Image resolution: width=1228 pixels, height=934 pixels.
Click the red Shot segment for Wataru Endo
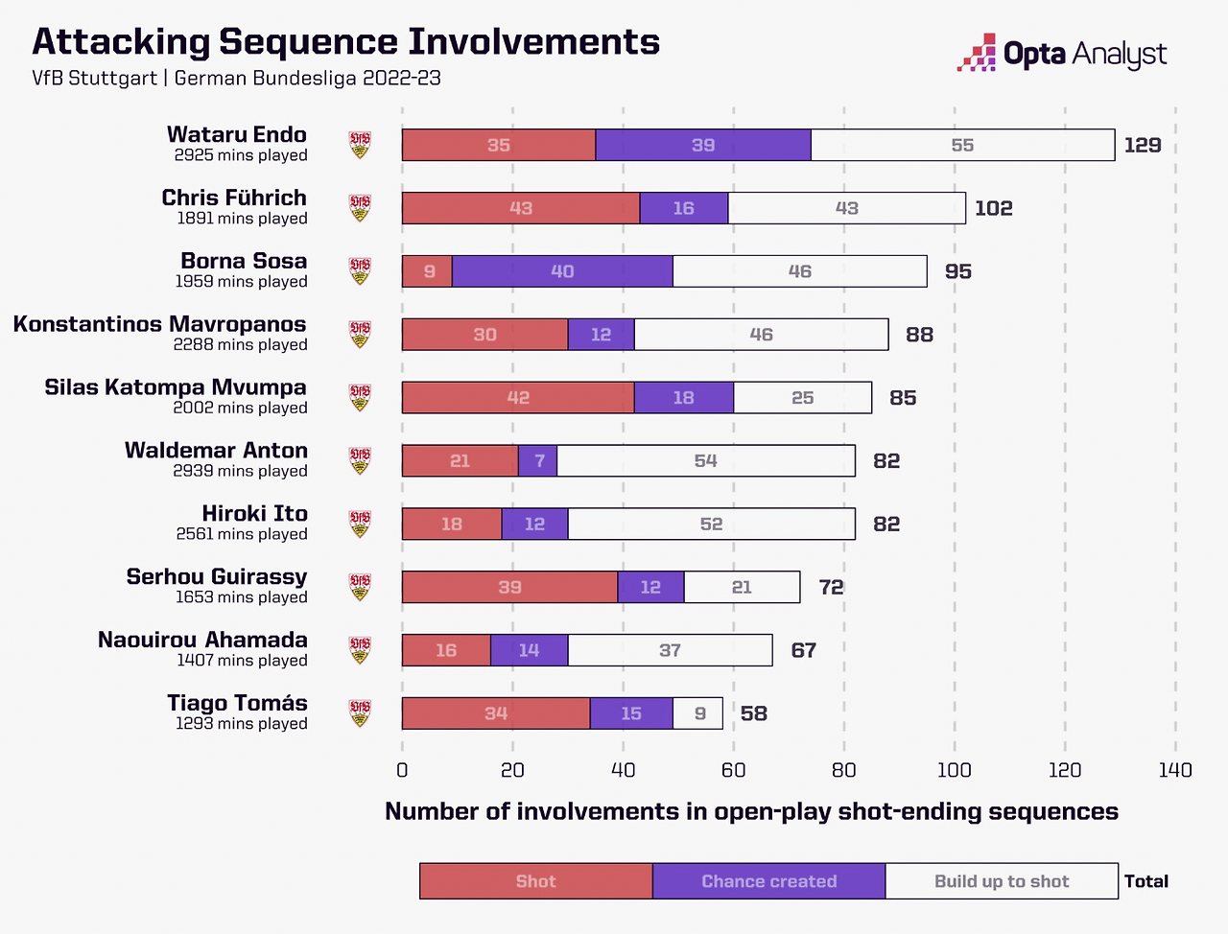499,145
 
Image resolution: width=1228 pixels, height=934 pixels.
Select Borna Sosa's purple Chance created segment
562,271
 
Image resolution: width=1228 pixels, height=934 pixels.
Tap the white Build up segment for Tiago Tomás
698,713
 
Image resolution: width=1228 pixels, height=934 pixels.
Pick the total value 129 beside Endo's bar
1143,145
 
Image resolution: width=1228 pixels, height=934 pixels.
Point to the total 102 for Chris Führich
994,208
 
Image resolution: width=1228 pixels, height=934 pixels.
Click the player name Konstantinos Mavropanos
159,324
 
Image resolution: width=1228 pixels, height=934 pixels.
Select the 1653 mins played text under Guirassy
242,597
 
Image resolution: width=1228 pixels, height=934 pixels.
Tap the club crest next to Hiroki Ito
360,524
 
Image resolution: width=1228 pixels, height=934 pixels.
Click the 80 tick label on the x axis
844,770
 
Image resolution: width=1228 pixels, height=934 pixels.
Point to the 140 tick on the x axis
1175,770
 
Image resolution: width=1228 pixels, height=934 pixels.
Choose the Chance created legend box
768,881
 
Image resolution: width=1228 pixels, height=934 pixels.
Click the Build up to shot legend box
1002,881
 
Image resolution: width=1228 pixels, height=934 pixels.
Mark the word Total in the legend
1146,881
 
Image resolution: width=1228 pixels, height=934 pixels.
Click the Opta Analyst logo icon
977,53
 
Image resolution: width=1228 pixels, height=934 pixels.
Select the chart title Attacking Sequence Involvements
346,42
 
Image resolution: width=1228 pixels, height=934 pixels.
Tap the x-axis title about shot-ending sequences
751,811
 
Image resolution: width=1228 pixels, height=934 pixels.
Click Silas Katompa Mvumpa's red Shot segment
518,398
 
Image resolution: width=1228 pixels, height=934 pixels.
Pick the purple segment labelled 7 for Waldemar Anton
538,461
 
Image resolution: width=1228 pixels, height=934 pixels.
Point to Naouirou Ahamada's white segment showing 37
670,650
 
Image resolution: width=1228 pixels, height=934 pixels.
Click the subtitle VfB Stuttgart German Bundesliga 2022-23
236,79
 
